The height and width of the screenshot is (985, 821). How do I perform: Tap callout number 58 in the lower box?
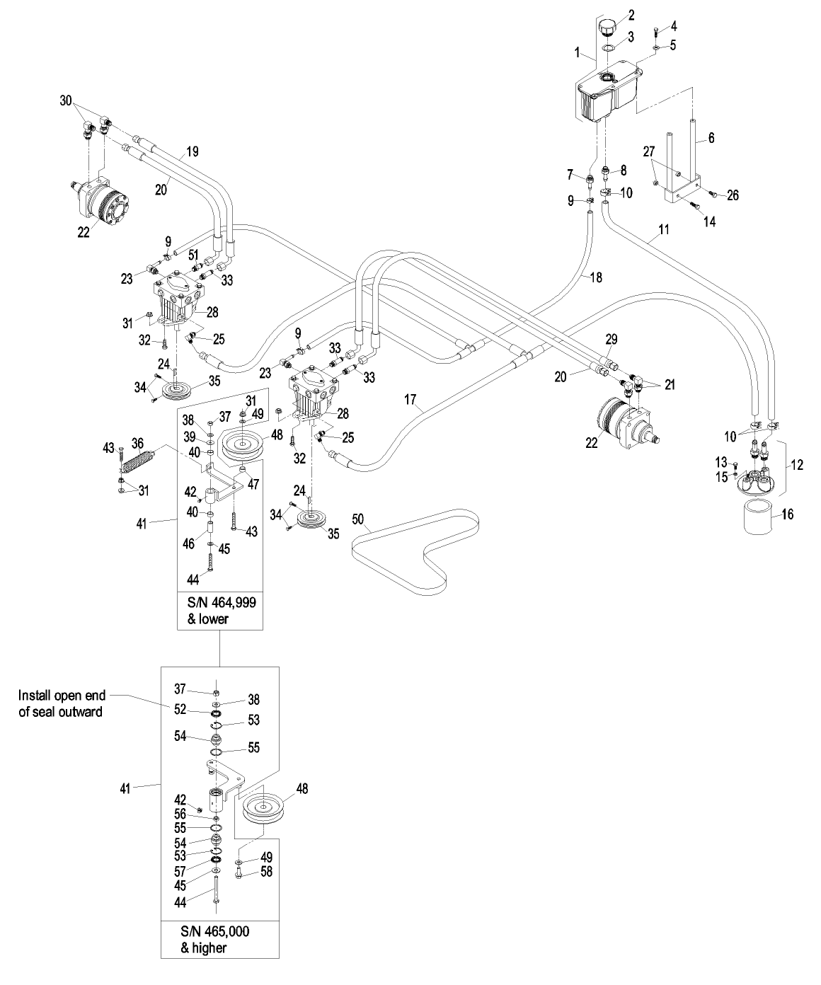point(267,872)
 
